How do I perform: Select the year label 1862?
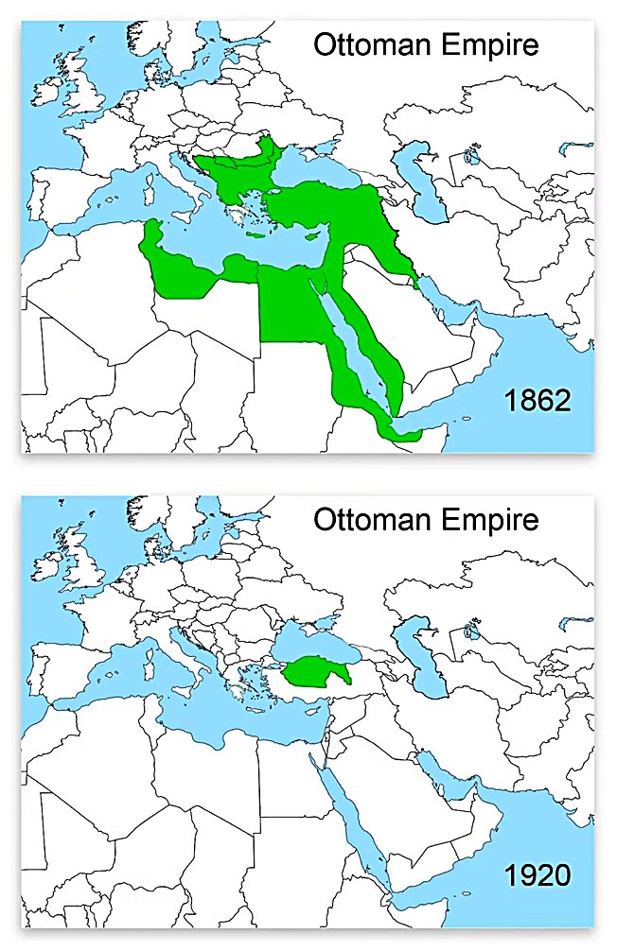pos(537,400)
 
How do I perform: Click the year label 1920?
pos(537,874)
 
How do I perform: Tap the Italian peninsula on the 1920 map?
pos(185,653)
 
